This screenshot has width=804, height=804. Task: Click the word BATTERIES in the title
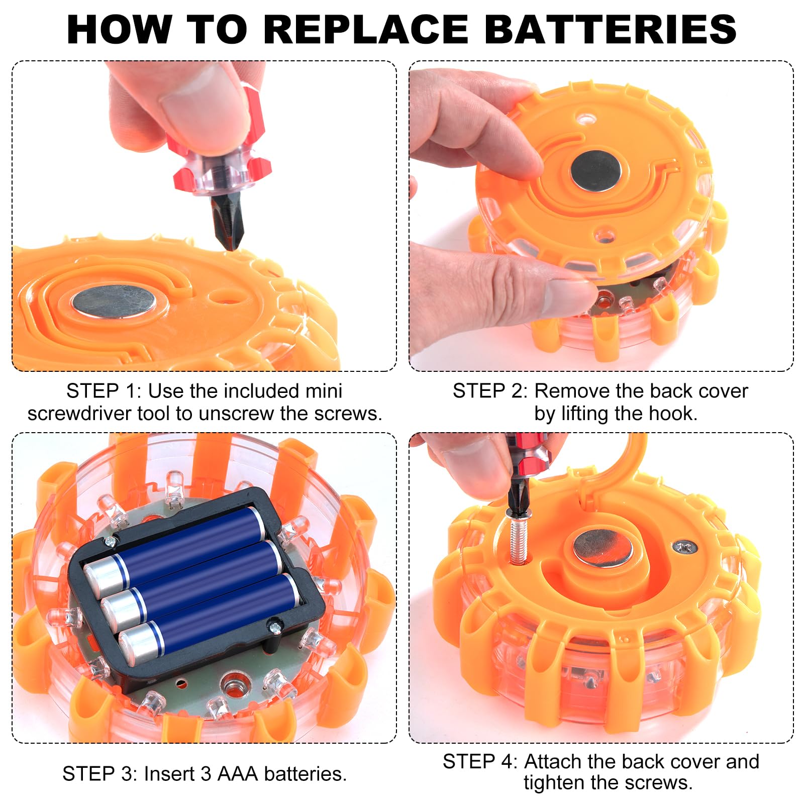(610, 29)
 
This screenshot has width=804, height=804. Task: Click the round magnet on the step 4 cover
(603, 548)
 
